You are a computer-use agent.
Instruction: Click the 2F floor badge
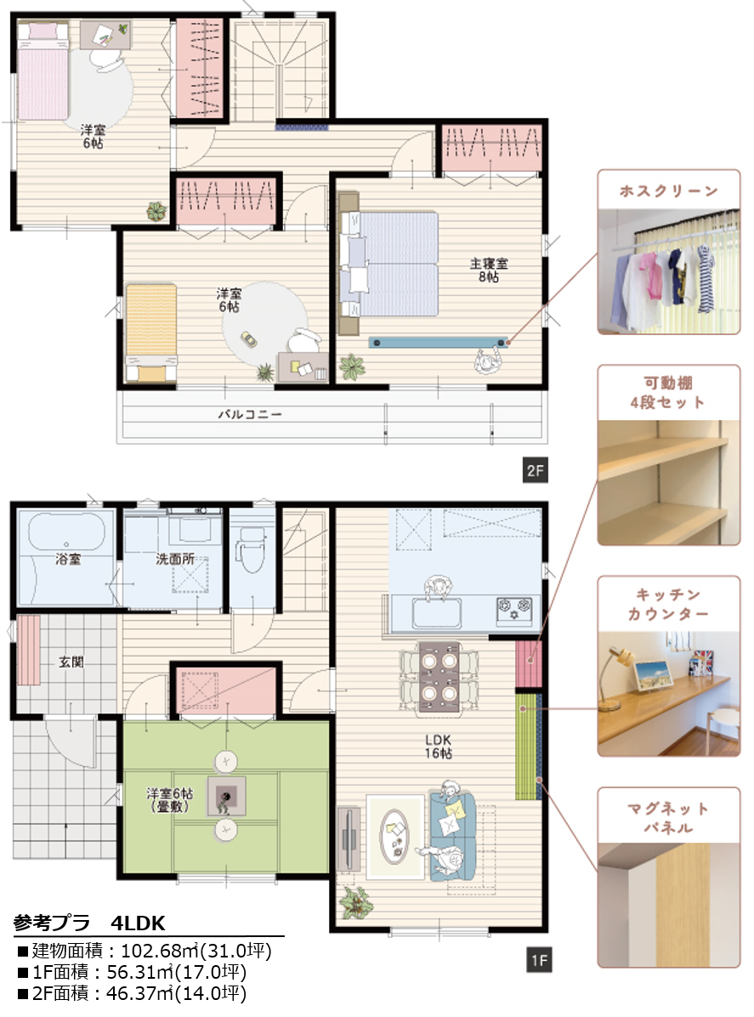535,471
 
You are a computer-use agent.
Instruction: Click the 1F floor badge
539,960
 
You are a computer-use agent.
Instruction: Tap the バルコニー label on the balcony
250,414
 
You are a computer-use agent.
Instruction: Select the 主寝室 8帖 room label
489,270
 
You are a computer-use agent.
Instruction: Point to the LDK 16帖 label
439,747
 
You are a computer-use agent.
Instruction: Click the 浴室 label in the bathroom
68,559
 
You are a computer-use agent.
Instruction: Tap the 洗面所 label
175,559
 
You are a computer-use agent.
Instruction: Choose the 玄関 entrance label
71,662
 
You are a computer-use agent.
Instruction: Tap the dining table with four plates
439,678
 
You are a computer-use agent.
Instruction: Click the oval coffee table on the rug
395,835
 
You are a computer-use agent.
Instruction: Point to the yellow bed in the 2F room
151,332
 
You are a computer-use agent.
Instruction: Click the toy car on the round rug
247,339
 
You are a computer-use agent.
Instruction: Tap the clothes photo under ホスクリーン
668,271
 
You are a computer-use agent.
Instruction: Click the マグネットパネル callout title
668,818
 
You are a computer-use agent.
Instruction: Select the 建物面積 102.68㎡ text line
144,951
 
